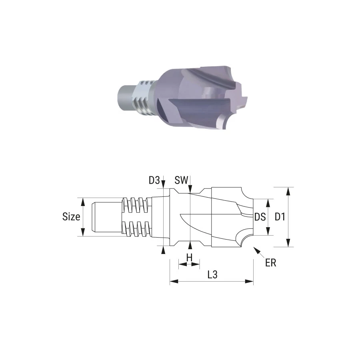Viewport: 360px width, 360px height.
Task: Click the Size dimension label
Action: click(71, 216)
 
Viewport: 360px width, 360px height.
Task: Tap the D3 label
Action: click(154, 180)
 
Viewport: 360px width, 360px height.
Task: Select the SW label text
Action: click(181, 180)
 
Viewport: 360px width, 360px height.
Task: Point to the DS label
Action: click(260, 217)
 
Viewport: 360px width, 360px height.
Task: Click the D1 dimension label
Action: click(280, 217)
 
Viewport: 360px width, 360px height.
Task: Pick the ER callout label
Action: click(270, 263)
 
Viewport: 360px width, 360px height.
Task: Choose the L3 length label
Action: click(212, 274)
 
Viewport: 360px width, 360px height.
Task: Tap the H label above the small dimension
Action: click(189, 258)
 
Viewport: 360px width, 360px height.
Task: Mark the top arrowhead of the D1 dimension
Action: click(288, 192)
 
